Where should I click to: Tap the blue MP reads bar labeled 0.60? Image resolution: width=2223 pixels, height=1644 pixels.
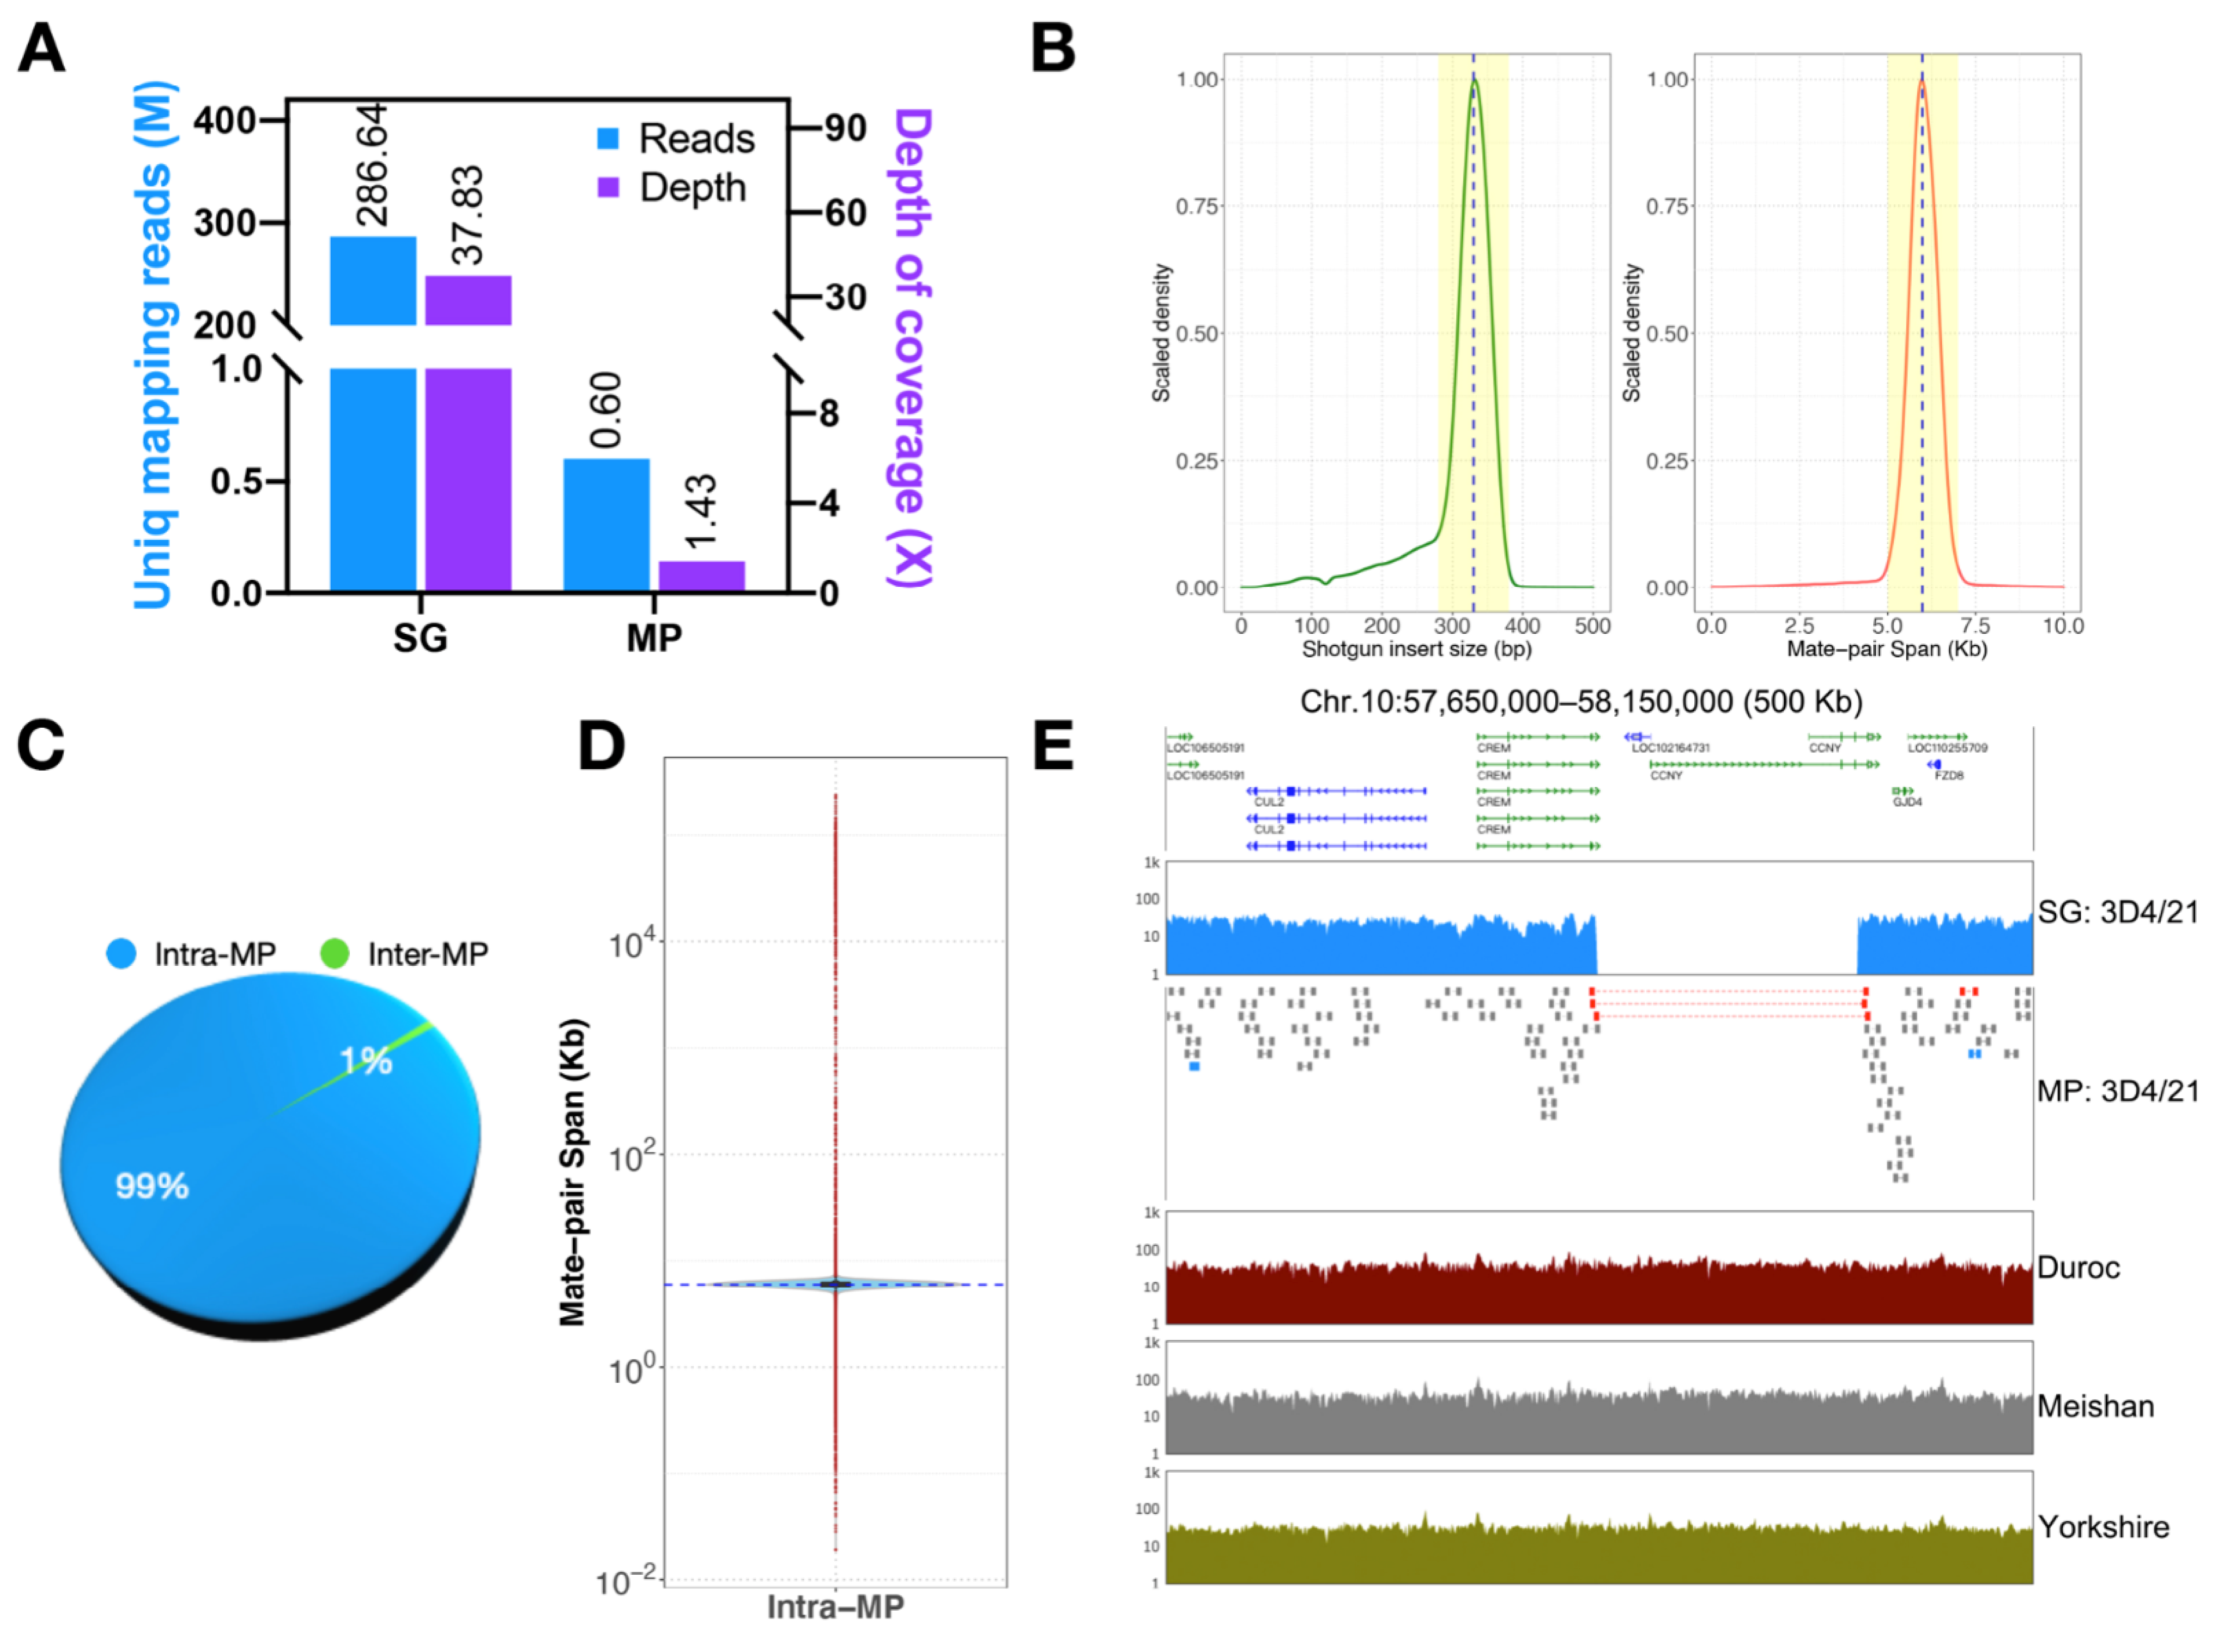tap(606, 525)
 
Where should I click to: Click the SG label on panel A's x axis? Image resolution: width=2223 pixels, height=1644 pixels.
tap(420, 638)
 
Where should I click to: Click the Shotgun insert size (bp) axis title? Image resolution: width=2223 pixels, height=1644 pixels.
tap(1416, 649)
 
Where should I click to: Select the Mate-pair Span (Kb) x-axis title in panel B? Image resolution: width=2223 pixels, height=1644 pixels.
tap(1887, 649)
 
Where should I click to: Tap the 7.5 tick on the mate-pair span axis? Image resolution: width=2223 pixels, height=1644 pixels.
tap(1975, 626)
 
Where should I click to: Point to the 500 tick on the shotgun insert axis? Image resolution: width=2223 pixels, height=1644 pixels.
tap(1592, 626)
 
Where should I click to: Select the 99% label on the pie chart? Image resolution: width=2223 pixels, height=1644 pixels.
tap(151, 1185)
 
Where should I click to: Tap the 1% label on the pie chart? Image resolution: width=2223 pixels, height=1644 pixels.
tap(365, 1061)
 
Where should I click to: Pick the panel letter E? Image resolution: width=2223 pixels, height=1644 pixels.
tap(1053, 745)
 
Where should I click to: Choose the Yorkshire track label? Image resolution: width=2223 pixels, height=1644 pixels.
tap(2103, 1527)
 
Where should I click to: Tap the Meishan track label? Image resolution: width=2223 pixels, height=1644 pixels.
tap(2095, 1406)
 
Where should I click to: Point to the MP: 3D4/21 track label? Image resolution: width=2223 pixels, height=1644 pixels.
tap(2116, 1091)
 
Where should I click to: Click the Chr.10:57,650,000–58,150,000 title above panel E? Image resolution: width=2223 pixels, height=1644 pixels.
tap(1580, 701)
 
